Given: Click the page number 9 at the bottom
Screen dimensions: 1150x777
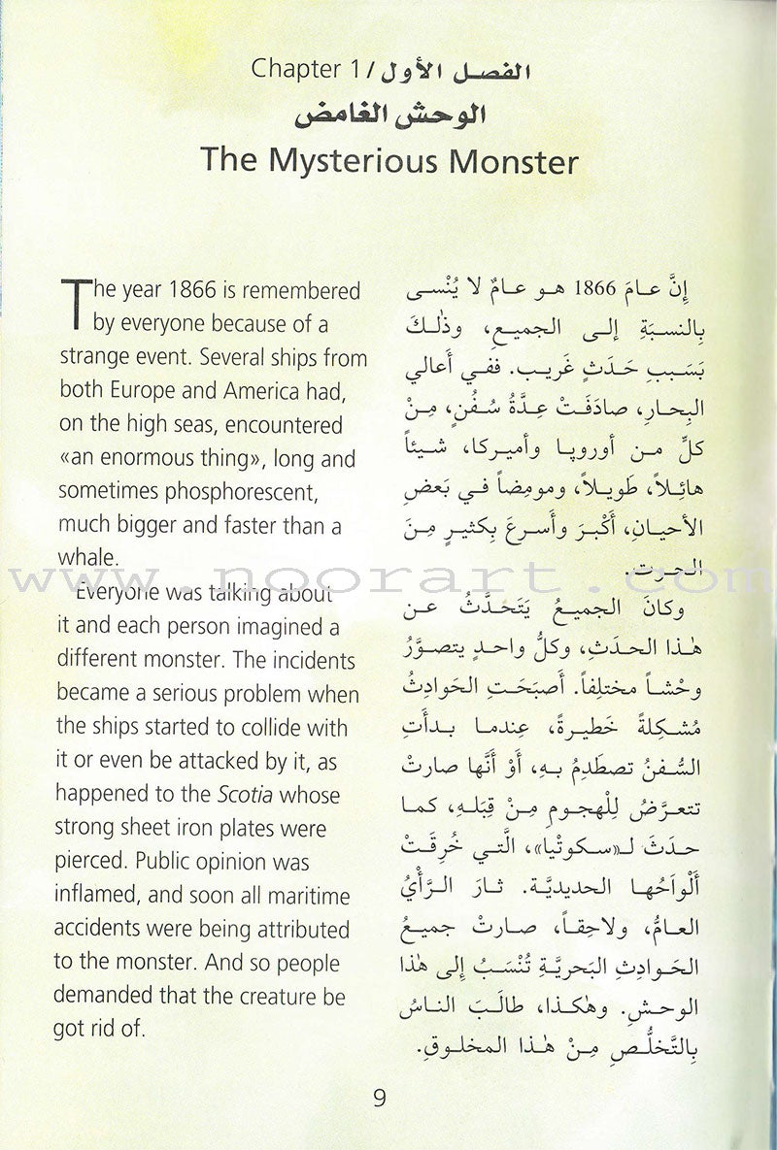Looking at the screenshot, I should click(379, 1100).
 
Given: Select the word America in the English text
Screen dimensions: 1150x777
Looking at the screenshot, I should click(256, 391).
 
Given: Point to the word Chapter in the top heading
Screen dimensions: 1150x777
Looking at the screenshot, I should click(287, 71).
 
